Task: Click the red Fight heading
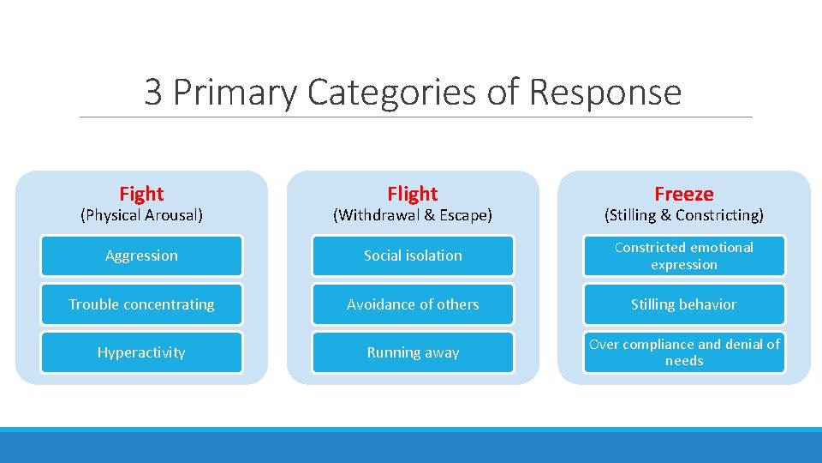141,194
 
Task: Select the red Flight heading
412,194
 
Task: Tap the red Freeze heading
683,194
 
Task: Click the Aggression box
141,256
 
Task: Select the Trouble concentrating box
141,304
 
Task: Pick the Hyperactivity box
141,352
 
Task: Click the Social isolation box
413,256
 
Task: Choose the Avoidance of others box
413,304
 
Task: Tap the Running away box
413,352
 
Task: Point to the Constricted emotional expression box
683,256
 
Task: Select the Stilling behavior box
683,304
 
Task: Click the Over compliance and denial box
683,352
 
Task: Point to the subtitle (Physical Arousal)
141,215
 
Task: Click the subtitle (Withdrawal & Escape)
412,215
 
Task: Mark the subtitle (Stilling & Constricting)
683,215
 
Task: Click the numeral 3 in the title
153,93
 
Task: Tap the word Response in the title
605,93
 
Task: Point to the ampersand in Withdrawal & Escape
432,215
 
